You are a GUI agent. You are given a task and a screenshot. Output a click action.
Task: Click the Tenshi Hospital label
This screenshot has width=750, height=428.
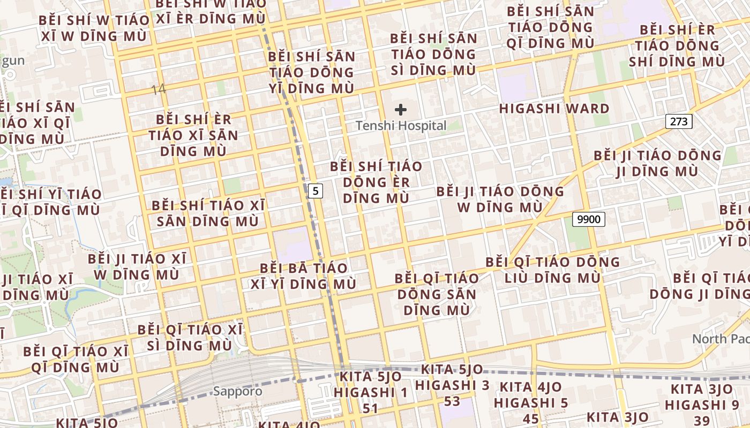pyautogui.click(x=401, y=126)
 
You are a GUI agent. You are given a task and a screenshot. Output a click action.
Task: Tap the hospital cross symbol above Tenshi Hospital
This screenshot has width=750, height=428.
pyautogui.click(x=401, y=110)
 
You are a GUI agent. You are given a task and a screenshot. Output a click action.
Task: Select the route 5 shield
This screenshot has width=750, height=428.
pyautogui.click(x=317, y=190)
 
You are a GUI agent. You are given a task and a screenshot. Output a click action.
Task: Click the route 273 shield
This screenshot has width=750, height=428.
pyautogui.click(x=679, y=121)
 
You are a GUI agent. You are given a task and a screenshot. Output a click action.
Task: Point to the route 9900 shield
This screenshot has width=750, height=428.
pyautogui.click(x=589, y=219)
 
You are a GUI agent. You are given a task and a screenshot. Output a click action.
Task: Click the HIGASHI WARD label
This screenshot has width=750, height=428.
pyautogui.click(x=554, y=109)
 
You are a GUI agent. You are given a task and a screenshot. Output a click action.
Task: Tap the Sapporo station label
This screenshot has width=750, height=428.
pyautogui.click(x=238, y=391)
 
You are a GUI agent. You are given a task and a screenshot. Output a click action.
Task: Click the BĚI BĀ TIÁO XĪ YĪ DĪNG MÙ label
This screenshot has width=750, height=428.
pyautogui.click(x=304, y=276)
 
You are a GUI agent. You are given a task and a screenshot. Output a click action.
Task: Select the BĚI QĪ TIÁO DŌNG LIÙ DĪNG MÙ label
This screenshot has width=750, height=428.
pyautogui.click(x=552, y=270)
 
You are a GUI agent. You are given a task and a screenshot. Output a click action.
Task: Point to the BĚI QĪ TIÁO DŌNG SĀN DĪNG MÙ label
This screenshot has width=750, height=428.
pyautogui.click(x=437, y=294)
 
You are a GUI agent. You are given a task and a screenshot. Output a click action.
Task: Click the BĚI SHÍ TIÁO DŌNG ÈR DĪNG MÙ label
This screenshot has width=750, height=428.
pyautogui.click(x=376, y=182)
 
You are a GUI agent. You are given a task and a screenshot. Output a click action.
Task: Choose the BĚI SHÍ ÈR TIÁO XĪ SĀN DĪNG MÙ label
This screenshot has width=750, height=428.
pyautogui.click(x=193, y=135)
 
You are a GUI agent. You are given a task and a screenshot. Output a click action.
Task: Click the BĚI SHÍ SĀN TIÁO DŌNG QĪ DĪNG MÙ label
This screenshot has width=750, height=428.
pyautogui.click(x=550, y=27)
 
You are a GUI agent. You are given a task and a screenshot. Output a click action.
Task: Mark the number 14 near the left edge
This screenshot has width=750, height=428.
pyautogui.click(x=158, y=89)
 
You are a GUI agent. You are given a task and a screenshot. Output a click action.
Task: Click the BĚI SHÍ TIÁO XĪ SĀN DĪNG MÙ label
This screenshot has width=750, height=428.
pyautogui.click(x=208, y=213)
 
